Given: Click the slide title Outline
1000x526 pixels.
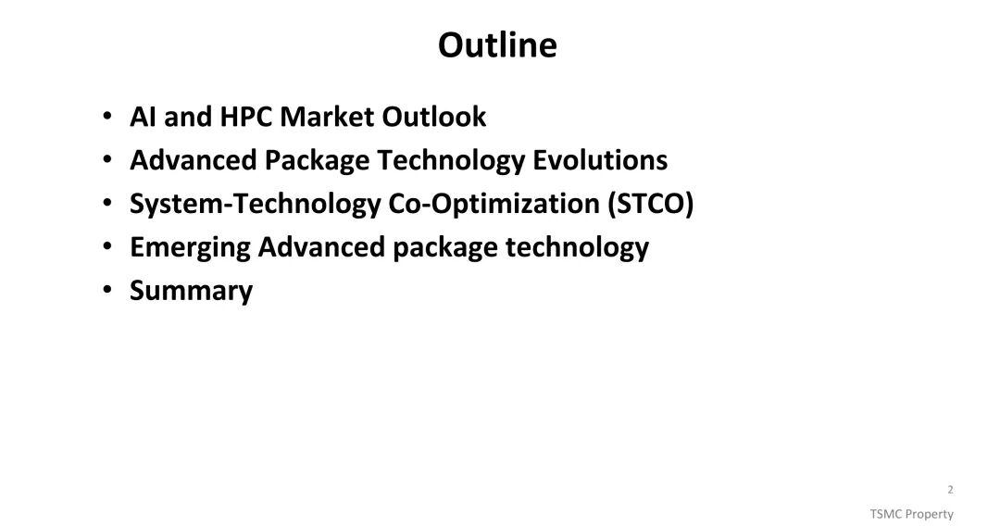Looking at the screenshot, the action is point(497,44).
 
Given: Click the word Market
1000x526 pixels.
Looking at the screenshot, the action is point(327,117).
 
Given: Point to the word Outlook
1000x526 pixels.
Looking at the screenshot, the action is point(433,117).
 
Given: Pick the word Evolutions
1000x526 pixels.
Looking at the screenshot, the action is point(600,160).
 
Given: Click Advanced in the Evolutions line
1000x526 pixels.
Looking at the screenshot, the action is point(194,160).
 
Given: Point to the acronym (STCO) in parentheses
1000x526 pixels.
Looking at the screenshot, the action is point(651,204).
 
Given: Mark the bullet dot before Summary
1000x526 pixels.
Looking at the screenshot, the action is point(107,290).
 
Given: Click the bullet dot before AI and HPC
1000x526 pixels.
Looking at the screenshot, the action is point(107,116).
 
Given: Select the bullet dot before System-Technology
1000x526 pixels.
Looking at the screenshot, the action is point(107,203).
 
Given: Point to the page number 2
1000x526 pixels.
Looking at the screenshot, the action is point(950,490).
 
